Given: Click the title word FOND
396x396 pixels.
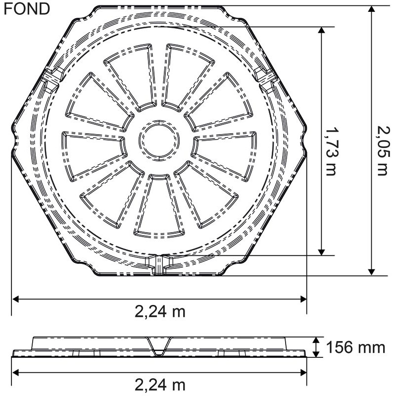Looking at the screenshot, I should pyautogui.click(x=27, y=9).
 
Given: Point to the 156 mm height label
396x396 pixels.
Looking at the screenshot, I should pyautogui.click(x=355, y=347).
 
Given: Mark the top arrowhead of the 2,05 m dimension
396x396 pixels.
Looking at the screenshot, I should pyautogui.click(x=371, y=10).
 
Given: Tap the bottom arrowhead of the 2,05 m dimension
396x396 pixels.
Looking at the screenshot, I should pyautogui.click(x=371, y=271).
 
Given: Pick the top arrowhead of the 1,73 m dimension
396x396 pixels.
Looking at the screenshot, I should pyautogui.click(x=322, y=31).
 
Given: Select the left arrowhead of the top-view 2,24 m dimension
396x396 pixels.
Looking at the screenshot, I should pyautogui.click(x=16, y=299).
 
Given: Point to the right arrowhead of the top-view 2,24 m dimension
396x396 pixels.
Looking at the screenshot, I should pyautogui.click(x=302, y=299).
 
